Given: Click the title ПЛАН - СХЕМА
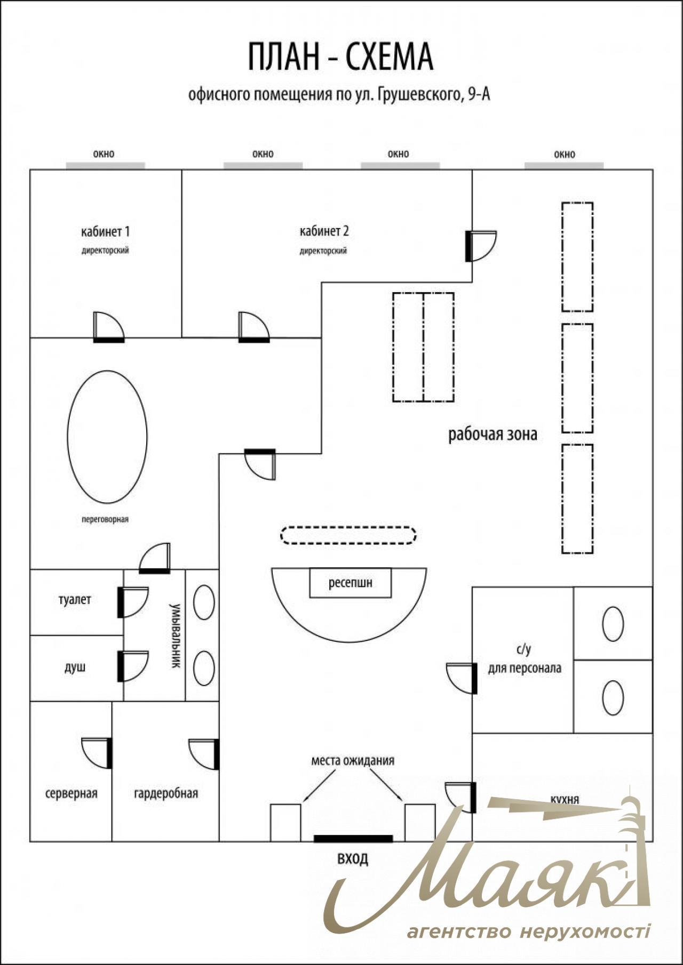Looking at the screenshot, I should [340, 58].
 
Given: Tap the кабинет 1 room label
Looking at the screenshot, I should [105, 231].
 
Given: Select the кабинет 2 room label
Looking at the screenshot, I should [324, 231].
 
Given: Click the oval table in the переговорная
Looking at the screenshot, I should [107, 436].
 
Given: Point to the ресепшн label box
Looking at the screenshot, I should [350, 583].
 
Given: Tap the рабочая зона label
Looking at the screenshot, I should [493, 435].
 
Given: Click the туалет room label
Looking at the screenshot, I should [75, 600].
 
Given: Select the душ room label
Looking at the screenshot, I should [75, 667].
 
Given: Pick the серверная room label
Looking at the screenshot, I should [72, 793].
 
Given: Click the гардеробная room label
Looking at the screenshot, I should [166, 793].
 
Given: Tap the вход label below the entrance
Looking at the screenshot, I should [353, 859].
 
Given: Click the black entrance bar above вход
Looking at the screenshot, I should [353, 839].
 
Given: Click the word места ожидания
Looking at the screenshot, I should [353, 761].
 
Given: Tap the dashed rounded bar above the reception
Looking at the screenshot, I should [348, 535].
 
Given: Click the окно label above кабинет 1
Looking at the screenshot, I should [104, 154].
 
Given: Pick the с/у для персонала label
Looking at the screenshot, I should [524, 659].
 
